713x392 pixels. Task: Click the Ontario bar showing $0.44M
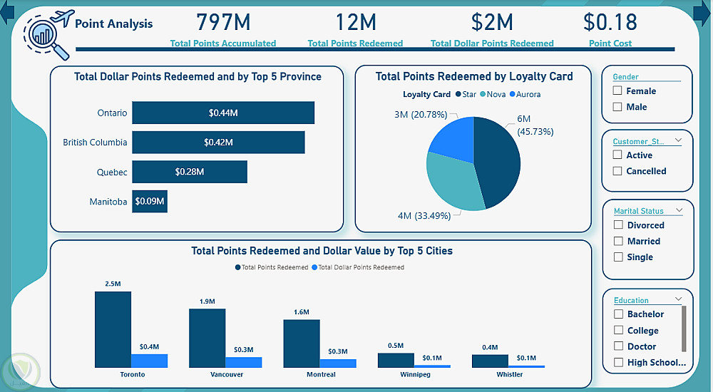click(222, 113)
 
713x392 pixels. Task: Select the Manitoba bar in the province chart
click(149, 202)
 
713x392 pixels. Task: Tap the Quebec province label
click(112, 172)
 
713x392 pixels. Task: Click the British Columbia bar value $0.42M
click(218, 143)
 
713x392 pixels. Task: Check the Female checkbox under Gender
click(617, 91)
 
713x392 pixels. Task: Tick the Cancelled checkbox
click(617, 171)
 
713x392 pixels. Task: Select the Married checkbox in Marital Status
click(617, 241)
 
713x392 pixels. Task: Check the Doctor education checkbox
click(617, 346)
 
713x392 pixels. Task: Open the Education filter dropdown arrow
click(679, 300)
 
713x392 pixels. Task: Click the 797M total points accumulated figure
click(223, 23)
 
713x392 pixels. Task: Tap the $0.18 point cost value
click(610, 23)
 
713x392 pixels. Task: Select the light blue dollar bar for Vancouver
click(244, 362)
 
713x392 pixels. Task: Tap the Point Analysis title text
click(114, 24)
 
